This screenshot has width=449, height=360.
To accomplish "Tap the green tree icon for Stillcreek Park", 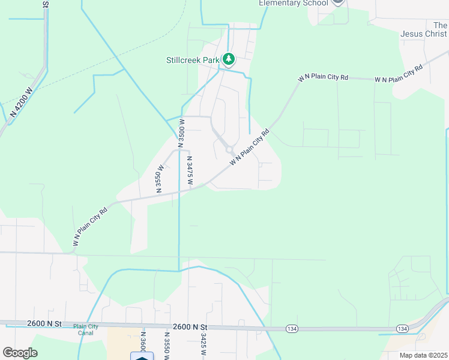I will coord(228,59).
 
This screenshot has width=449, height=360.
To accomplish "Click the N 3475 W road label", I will coord(190,172).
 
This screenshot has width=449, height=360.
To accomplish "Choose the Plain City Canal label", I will coord(86,329).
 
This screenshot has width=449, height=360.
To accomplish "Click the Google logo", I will coord(20,352).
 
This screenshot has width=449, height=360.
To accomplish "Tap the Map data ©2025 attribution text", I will coord(423,355).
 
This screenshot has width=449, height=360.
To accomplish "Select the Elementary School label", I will coord(294,3).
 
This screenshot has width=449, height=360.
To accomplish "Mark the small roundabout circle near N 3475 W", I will coord(229,149).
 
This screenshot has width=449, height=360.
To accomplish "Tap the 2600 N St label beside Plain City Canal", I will coord(44,323).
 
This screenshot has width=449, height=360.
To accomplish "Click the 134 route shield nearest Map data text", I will coord(403,329).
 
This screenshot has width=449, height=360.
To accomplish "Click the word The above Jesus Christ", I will coord(440,25).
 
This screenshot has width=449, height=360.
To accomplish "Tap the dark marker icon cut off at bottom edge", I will coord(142,356).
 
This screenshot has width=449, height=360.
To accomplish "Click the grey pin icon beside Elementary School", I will coord(338,2).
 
